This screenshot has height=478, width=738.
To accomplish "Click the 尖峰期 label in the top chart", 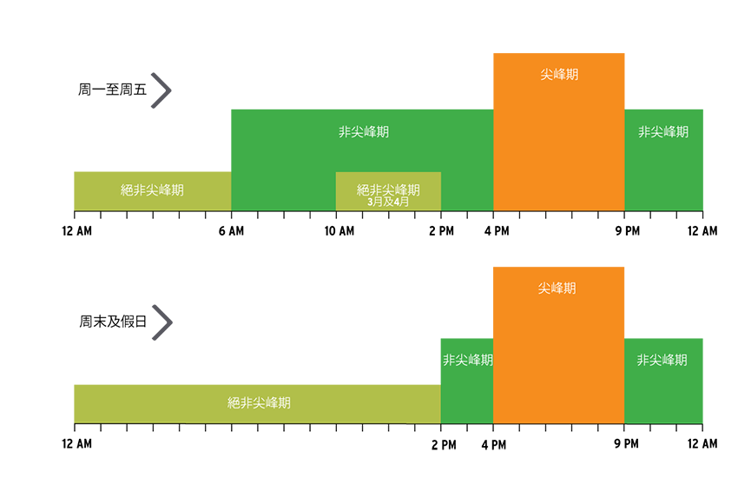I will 558,75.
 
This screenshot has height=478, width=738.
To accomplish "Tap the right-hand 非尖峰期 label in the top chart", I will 663,132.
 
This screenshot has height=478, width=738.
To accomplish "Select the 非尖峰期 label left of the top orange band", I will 363,132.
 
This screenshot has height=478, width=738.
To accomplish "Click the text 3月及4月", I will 388,202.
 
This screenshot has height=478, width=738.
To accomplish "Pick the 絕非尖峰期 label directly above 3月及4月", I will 388,189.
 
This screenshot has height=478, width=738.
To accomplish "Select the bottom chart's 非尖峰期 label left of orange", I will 468,360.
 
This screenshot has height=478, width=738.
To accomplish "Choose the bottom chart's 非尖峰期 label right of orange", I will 662,360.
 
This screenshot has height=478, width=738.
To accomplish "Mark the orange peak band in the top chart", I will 558,148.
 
